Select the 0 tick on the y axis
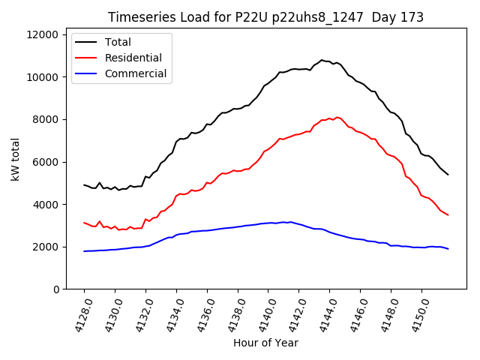tap(55, 289)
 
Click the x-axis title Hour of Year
tap(265, 343)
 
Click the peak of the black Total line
tap(322, 60)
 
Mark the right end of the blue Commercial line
tap(448, 248)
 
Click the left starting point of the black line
tap(84, 184)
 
